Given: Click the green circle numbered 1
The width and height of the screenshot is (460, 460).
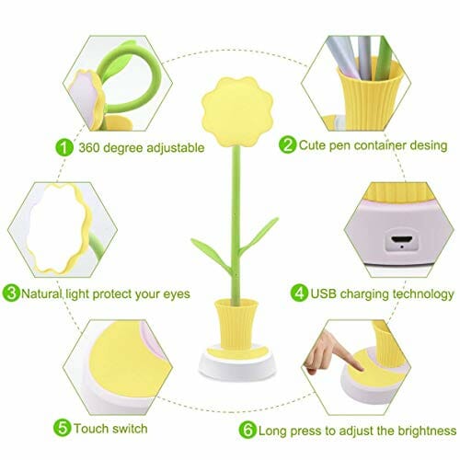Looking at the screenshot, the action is (x=64, y=147).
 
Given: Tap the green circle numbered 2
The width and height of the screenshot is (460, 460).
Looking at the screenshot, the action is (x=287, y=144).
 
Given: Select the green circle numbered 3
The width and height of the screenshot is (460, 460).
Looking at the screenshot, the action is (x=11, y=293).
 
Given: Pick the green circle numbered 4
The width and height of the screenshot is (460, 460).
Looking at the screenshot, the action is (x=299, y=293).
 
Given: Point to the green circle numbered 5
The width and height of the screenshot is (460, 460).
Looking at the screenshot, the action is (x=63, y=428).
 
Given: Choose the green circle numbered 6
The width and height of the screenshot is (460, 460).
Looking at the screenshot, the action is (x=247, y=430).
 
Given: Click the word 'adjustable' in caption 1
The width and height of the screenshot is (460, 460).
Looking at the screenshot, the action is (x=176, y=148).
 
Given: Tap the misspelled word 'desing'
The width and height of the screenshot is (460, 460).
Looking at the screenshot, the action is (x=429, y=145).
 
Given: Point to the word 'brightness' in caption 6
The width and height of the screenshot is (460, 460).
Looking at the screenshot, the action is (x=427, y=431).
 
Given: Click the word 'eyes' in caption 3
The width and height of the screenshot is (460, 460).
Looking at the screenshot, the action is (x=177, y=295).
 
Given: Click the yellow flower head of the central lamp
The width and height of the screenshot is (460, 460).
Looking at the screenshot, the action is (x=237, y=111).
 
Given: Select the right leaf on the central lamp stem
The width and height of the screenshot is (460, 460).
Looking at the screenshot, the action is (x=259, y=236).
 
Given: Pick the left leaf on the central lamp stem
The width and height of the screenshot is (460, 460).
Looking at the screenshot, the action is (x=212, y=255).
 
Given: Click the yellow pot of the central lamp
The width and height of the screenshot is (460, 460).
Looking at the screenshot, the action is (x=236, y=325).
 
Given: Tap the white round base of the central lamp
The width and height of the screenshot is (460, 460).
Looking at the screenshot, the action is (x=236, y=367).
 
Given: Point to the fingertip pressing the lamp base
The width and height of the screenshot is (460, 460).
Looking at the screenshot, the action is (x=360, y=368).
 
